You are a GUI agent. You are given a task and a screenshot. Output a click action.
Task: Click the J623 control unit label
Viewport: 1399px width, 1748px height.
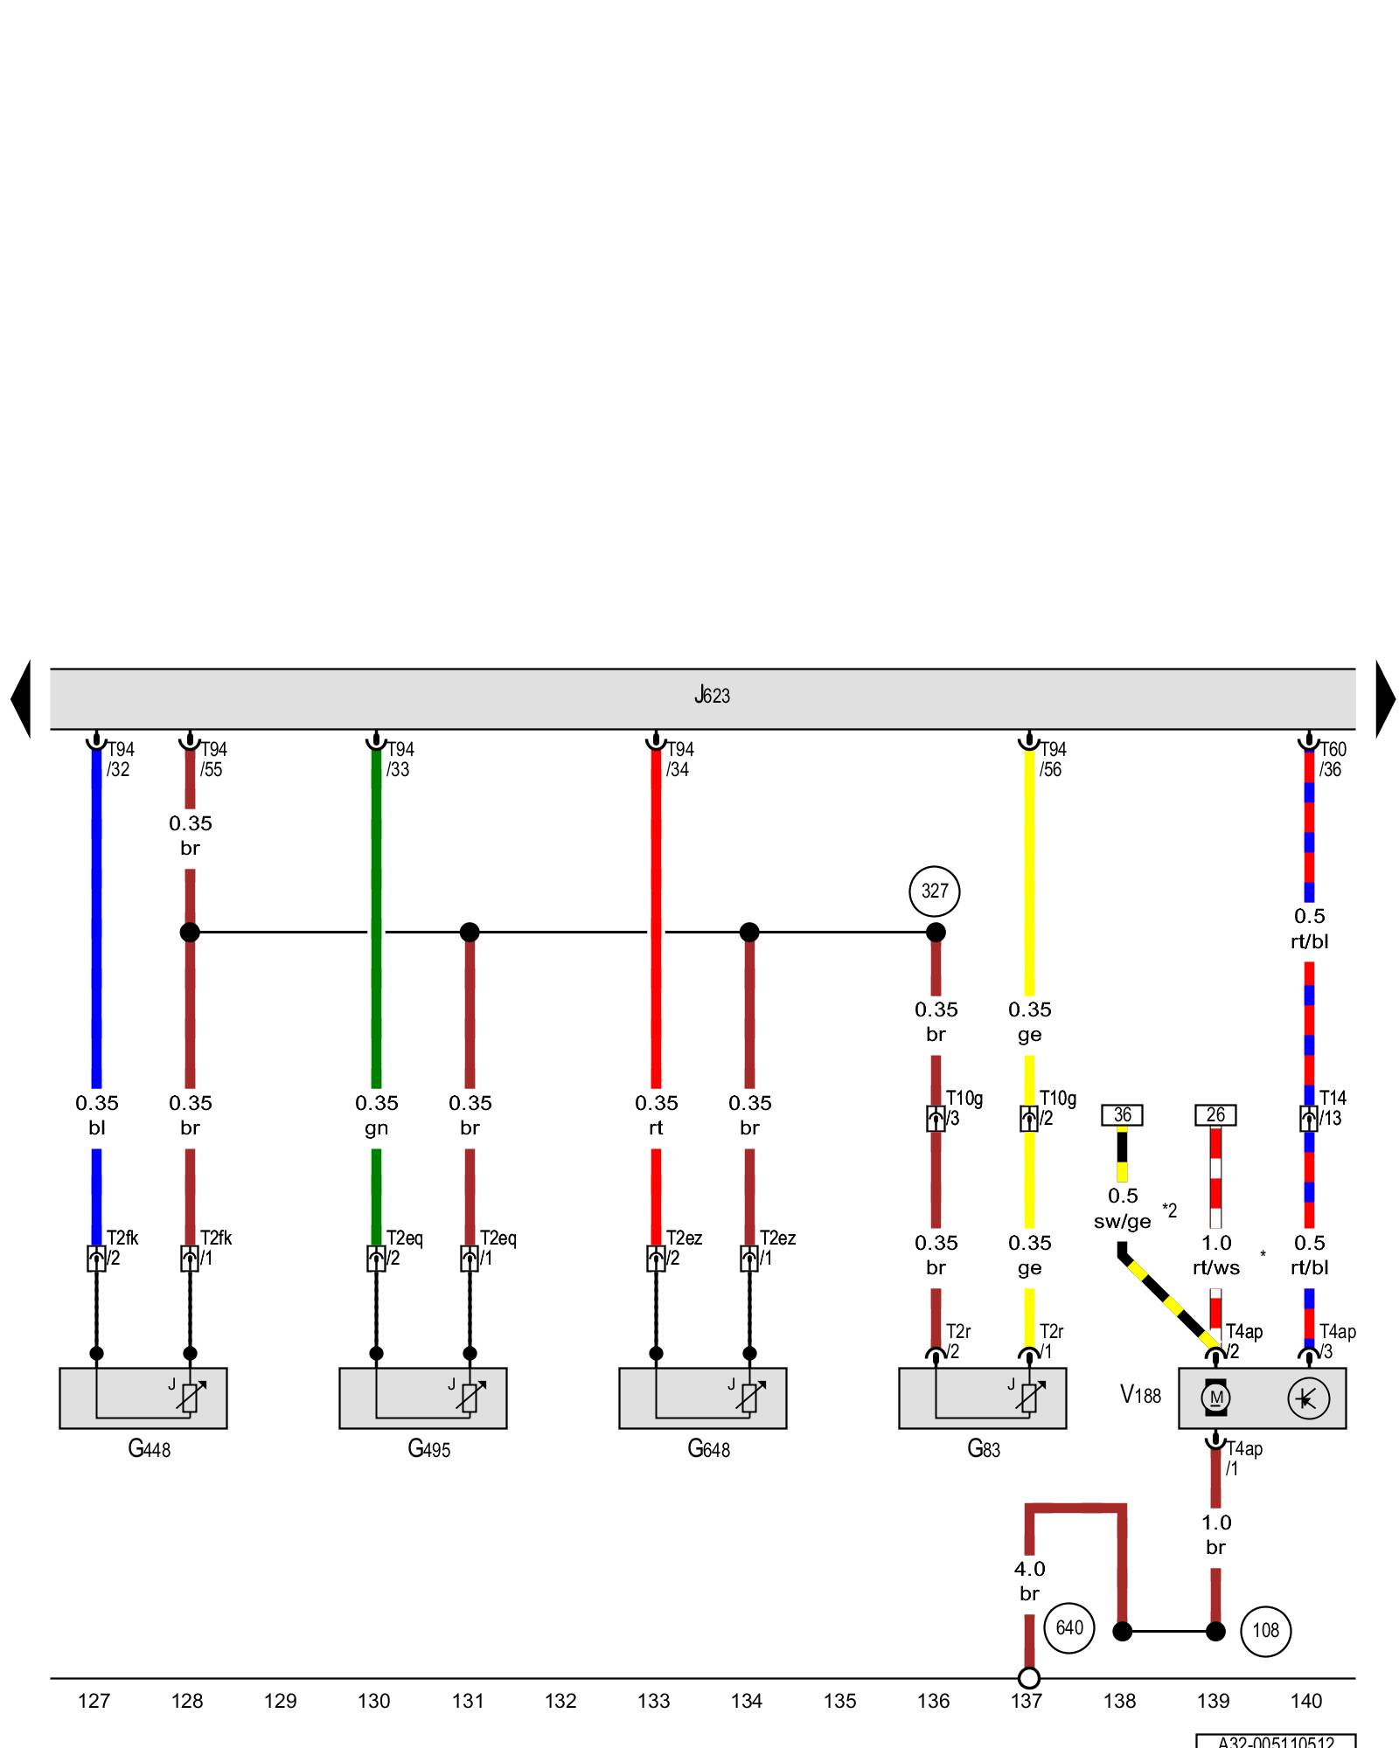[x=712, y=696]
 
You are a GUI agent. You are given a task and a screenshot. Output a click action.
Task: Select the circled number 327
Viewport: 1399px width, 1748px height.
[x=935, y=891]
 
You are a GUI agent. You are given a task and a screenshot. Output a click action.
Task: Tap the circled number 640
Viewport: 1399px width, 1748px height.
[x=1069, y=1627]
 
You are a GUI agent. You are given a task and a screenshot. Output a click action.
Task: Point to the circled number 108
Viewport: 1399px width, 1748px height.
[x=1265, y=1630]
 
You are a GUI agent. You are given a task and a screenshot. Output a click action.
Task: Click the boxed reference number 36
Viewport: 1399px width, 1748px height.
[x=1122, y=1115]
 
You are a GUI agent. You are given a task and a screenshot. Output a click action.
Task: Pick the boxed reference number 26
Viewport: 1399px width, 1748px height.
[x=1215, y=1115]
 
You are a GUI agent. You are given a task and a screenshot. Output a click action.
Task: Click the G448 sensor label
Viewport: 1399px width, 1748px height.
[x=149, y=1449]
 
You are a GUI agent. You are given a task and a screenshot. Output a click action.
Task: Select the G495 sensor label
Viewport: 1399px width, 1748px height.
[x=428, y=1449]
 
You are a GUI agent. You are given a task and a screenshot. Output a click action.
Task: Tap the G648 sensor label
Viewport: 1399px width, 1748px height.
[x=708, y=1449]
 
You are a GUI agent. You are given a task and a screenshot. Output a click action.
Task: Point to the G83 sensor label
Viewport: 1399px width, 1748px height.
[x=984, y=1449]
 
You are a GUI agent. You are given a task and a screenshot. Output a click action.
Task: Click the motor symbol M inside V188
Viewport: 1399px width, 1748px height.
[x=1215, y=1398]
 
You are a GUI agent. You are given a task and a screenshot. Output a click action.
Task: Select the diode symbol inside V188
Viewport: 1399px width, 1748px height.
[x=1308, y=1399]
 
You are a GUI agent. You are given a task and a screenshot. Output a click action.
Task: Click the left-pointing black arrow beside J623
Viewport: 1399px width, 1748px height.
[x=21, y=698]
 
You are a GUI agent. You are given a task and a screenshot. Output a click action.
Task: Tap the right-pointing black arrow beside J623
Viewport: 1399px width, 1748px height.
[x=1385, y=698]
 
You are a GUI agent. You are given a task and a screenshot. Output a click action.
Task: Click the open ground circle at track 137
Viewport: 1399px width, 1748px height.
[x=1029, y=1678]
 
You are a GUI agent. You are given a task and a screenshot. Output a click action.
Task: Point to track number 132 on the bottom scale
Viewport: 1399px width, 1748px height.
[x=560, y=1701]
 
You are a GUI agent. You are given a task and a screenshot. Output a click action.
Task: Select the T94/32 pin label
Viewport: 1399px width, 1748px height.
[x=120, y=760]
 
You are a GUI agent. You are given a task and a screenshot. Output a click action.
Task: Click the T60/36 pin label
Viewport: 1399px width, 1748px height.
[x=1332, y=760]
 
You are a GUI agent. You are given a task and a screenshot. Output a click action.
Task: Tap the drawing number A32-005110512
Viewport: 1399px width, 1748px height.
[x=1276, y=1742]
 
